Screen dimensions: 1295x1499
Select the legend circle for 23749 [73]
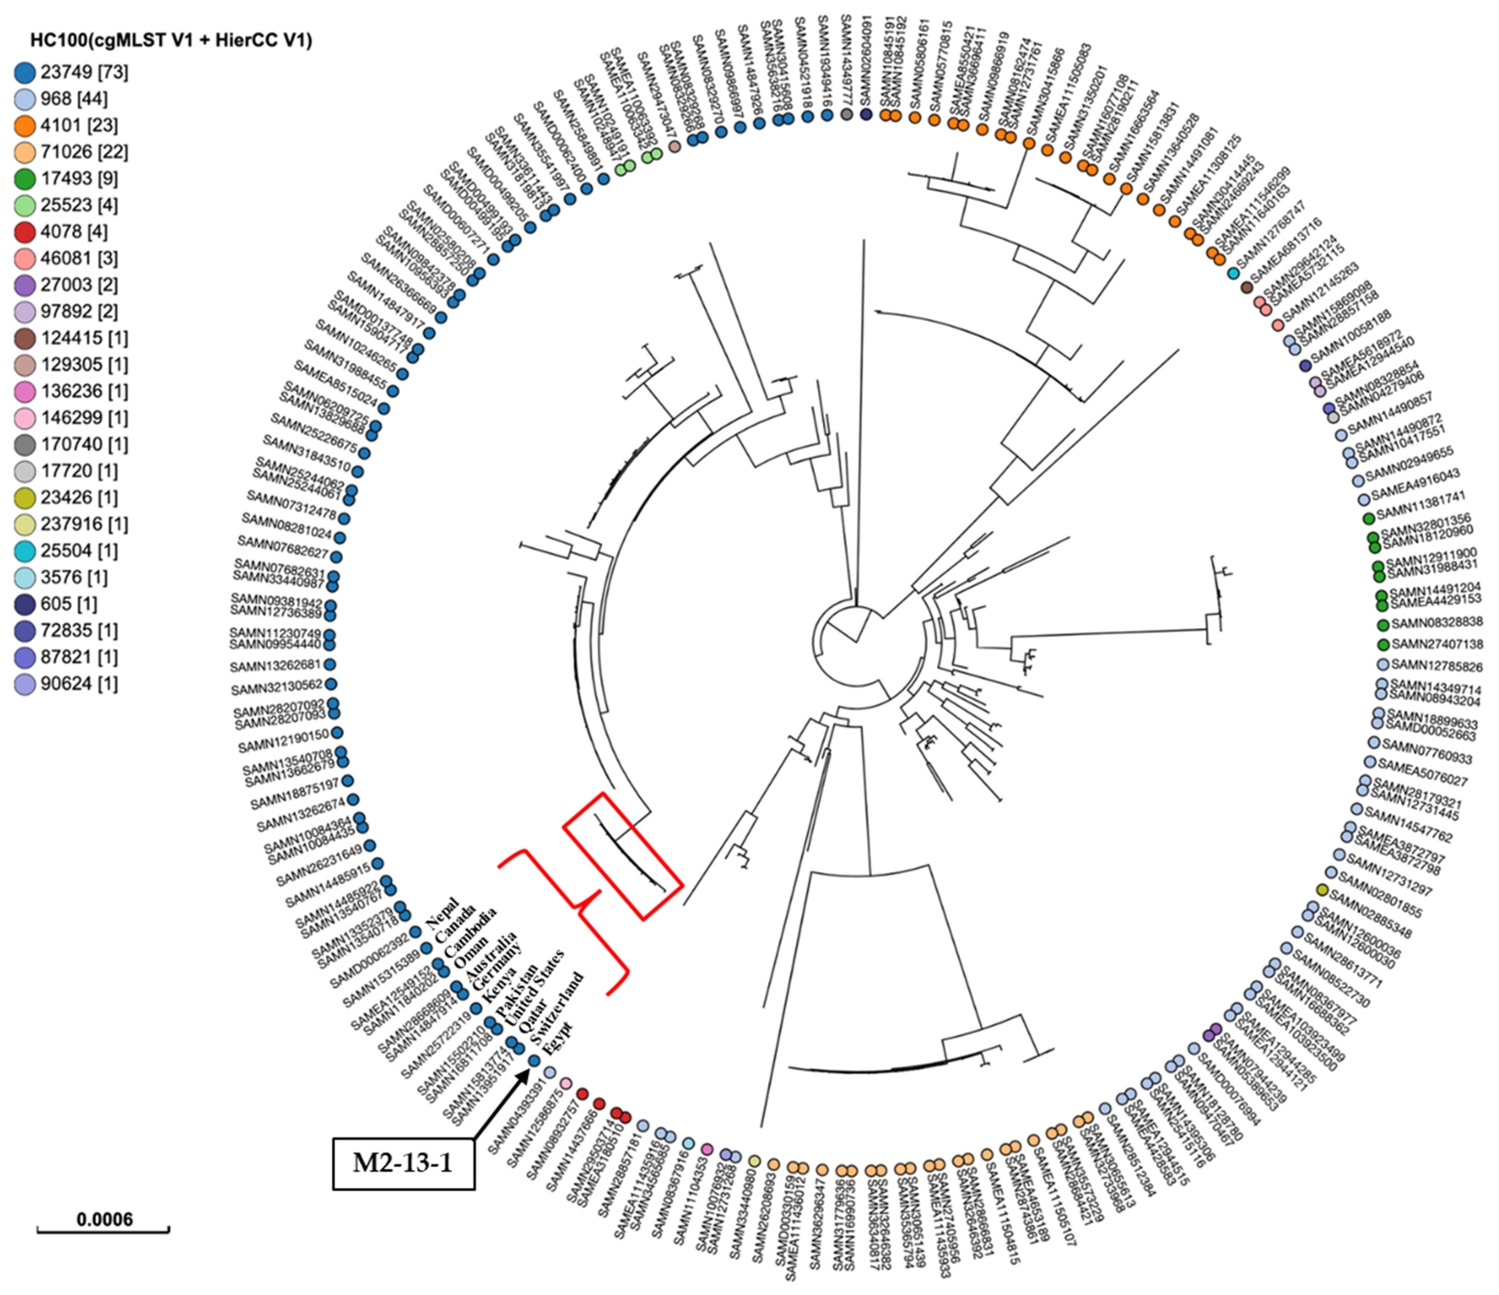pos(25,72)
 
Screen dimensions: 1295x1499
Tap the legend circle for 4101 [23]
pos(25,125)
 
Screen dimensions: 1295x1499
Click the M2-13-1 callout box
pos(403,1163)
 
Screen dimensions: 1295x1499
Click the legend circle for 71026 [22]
pos(25,152)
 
